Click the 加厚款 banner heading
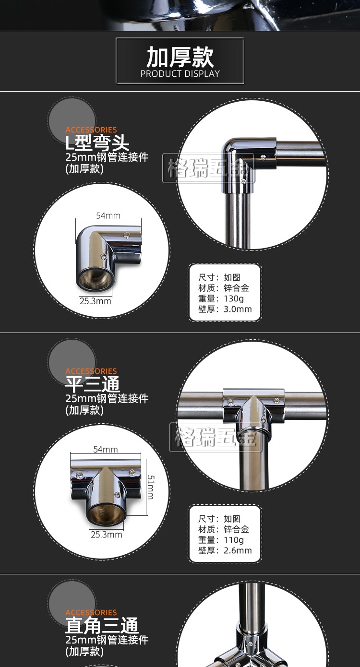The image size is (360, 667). coord(180,57)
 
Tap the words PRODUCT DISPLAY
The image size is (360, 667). coord(180,73)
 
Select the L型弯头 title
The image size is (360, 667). coord(97,143)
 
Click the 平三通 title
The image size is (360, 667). coord(93,384)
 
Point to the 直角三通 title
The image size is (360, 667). coord(102,625)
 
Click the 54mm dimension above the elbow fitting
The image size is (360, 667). coord(108,215)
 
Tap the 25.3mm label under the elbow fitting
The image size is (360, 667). coord(96,301)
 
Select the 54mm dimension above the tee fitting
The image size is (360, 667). coord(106,449)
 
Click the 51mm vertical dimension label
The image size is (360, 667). coord(151,487)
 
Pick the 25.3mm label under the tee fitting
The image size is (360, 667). coord(106,535)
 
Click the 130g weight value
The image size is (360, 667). coord(234,298)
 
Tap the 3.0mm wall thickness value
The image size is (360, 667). coord(238,309)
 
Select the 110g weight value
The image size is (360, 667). coord(234,539)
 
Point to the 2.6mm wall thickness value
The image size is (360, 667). coord(238,550)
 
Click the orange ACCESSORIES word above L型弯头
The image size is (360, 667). coord(91,130)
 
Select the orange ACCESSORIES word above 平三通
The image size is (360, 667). coord(91,371)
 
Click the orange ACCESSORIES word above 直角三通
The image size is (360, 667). coord(91,612)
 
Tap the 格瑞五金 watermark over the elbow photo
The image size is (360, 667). coord(208,167)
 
